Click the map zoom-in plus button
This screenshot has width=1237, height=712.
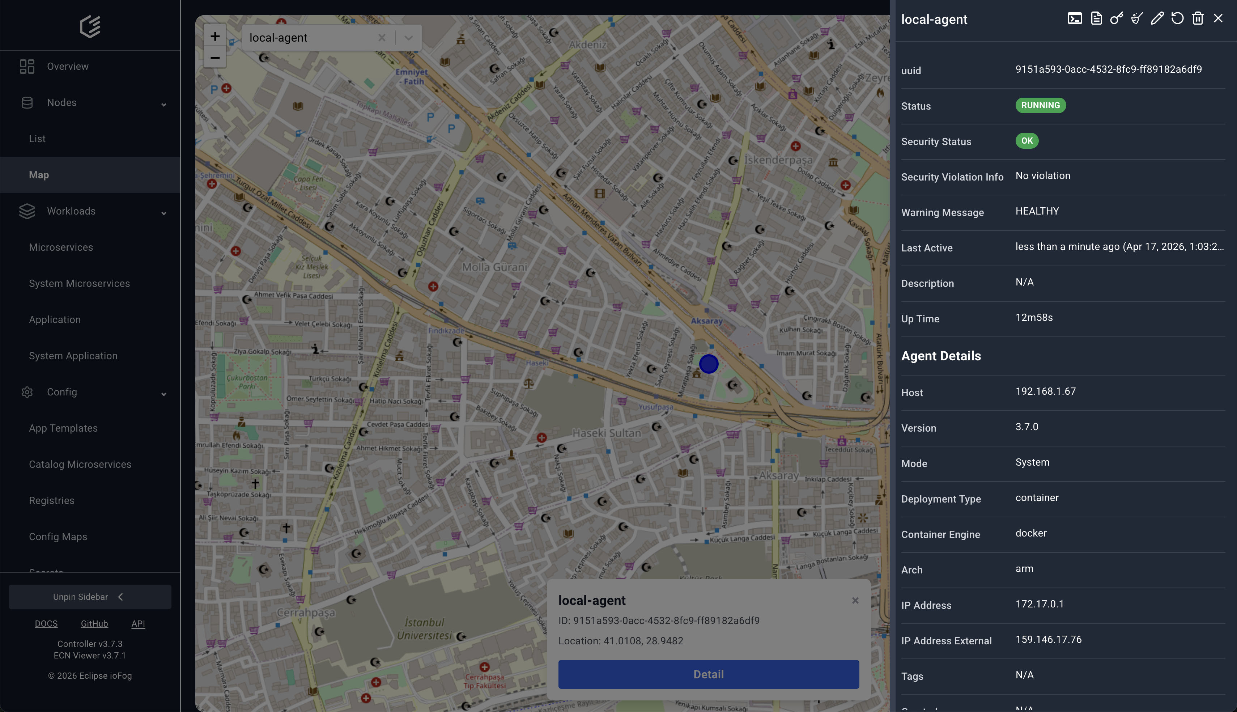214,36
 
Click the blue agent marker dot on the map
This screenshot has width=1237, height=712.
708,364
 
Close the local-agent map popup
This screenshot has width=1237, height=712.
855,601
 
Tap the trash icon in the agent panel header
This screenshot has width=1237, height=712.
1198,18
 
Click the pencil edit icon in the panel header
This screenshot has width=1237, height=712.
1157,18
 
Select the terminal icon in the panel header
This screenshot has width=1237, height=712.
1074,18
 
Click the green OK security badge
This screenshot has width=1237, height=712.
1026,141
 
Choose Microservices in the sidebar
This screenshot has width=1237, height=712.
61,247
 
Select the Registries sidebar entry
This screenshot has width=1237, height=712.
51,501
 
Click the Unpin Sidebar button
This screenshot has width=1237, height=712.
89,597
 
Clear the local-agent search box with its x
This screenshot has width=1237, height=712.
382,38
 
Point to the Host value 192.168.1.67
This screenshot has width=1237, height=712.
1045,391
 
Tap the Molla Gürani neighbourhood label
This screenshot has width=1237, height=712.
494,267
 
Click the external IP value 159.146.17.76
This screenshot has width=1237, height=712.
1048,640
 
